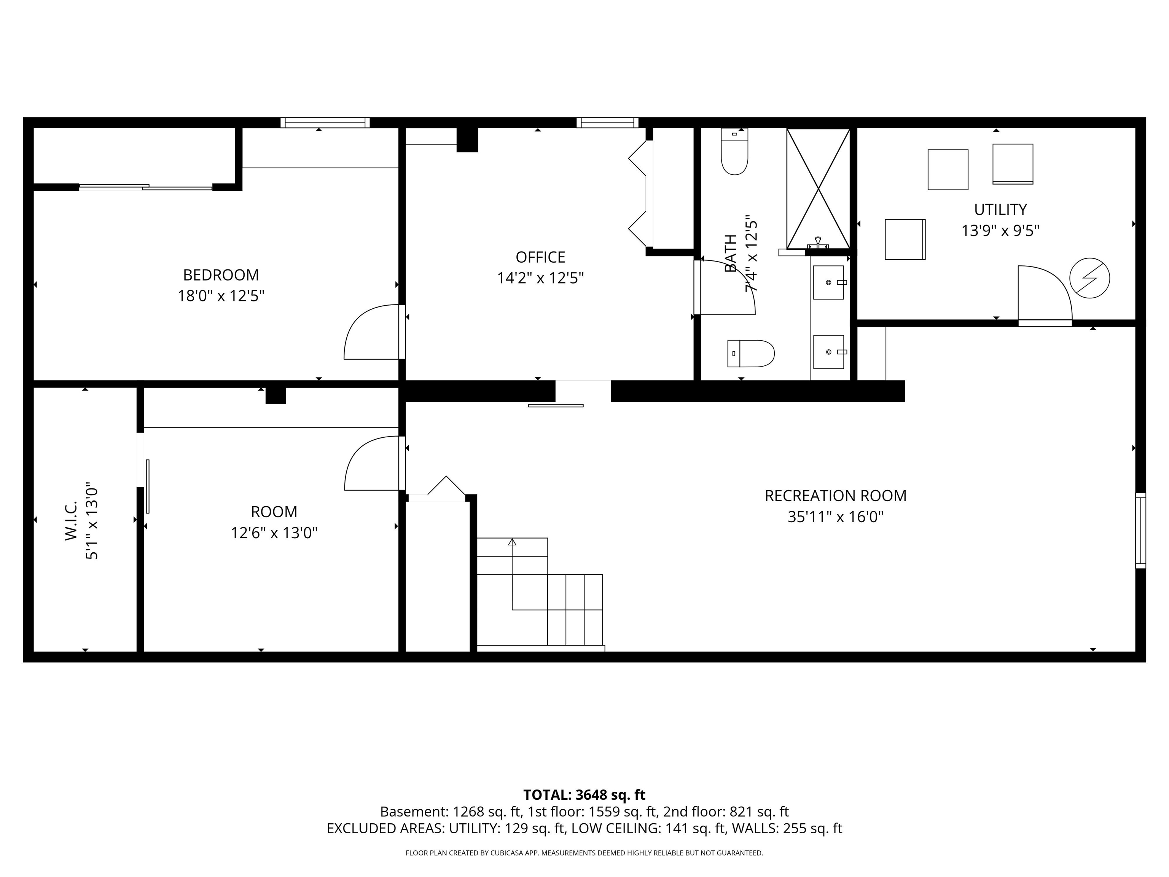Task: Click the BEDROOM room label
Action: (221, 275)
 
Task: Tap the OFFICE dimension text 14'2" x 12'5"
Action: (540, 278)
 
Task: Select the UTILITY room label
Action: (1000, 210)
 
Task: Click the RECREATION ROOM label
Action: (836, 496)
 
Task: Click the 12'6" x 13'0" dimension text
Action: (274, 533)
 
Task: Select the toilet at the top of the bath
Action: (734, 152)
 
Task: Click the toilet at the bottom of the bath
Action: (751, 354)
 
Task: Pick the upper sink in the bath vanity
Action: (829, 282)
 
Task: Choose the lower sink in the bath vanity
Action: (829, 352)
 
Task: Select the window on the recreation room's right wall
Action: (1140, 530)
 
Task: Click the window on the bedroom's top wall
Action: (325, 123)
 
